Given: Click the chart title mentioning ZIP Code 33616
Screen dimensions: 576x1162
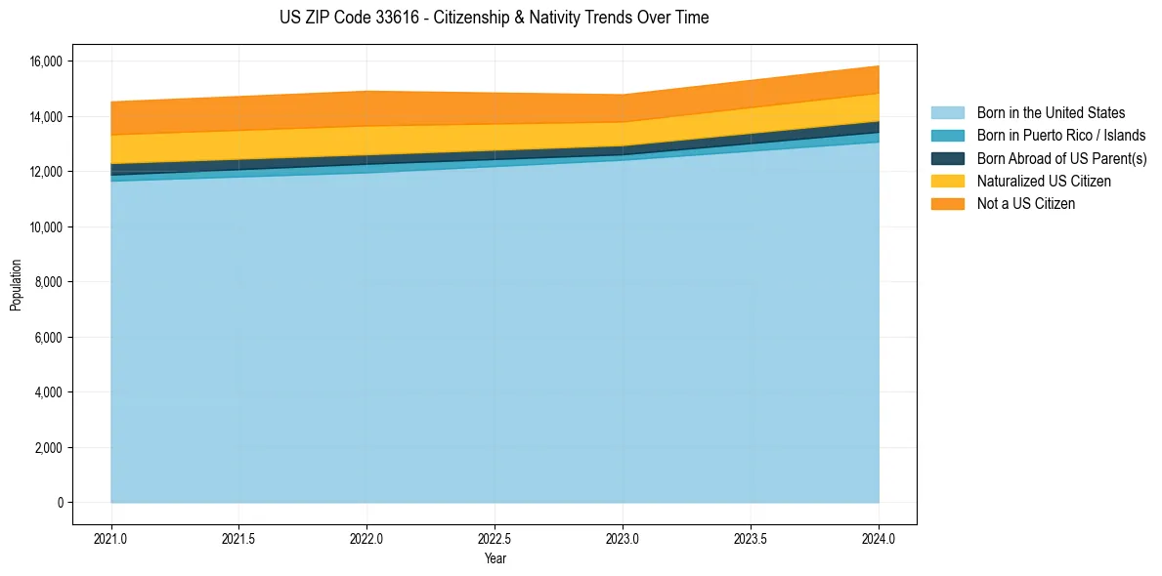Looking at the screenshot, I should [x=494, y=18].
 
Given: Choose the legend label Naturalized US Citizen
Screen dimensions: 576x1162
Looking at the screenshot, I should [x=1044, y=182].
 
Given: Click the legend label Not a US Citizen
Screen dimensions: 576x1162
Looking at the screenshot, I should [x=1025, y=204].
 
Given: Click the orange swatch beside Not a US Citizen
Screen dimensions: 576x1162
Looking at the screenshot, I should [x=947, y=204].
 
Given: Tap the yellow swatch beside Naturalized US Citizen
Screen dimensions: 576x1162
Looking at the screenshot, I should [x=947, y=182].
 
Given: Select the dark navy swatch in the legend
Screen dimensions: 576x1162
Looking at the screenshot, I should [x=947, y=158].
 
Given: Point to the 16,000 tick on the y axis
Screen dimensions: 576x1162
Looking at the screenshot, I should [x=46, y=62].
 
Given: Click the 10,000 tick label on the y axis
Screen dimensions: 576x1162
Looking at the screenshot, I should [x=46, y=227].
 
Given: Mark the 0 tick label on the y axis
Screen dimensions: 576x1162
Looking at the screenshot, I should [x=60, y=503].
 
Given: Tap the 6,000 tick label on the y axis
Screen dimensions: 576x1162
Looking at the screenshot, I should [x=49, y=338].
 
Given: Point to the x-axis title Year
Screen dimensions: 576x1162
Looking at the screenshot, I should [x=495, y=558].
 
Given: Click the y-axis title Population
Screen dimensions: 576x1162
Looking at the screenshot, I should [x=16, y=285].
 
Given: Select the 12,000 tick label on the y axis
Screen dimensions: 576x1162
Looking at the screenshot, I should [x=46, y=172].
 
